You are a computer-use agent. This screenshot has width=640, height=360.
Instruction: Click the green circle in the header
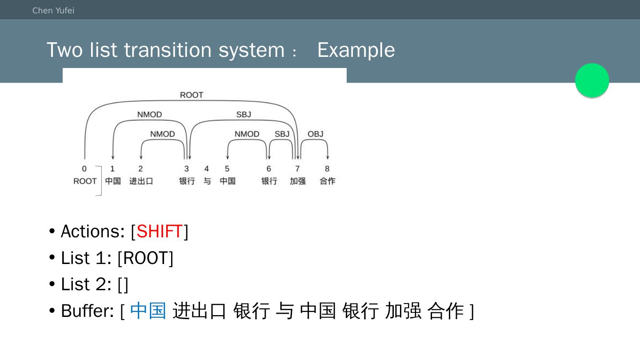tap(592, 80)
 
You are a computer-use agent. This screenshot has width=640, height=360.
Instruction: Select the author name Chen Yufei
tap(53, 11)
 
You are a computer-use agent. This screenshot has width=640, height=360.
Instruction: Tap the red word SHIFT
tap(160, 232)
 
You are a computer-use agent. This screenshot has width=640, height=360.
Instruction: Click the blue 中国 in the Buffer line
tap(148, 311)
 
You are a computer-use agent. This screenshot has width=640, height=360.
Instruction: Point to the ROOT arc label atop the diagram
tap(192, 95)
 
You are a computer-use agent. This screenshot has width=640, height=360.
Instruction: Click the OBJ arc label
tap(316, 134)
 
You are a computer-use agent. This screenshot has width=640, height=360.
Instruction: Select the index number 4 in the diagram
tap(206, 169)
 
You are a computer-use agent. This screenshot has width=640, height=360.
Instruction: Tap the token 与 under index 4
tap(207, 181)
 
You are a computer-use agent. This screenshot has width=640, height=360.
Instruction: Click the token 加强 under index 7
tap(298, 181)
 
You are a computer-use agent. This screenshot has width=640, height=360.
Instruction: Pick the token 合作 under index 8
tap(328, 181)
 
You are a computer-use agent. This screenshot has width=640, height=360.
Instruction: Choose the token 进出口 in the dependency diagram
tap(141, 181)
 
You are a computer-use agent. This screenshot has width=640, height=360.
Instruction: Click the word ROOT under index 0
tap(85, 181)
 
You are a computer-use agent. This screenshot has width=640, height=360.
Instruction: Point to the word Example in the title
tap(356, 50)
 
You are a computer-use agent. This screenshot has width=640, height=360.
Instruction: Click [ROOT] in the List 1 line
tap(145, 258)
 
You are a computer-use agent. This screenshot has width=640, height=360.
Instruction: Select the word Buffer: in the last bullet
tap(88, 311)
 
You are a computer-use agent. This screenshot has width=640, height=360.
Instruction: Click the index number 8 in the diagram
tap(327, 169)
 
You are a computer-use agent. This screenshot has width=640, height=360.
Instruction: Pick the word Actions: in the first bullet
tap(93, 232)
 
